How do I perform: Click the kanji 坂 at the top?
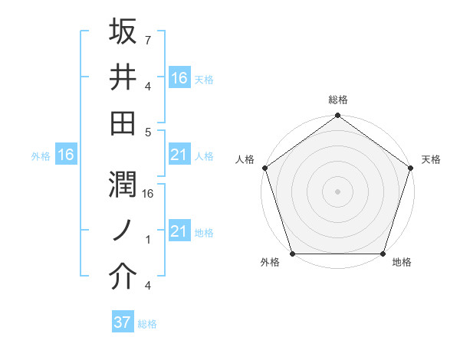tap(123, 32)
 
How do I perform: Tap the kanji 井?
tap(123, 78)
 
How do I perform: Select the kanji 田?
tap(123, 123)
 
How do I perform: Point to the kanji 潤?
tap(123, 185)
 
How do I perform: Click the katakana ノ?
tap(123, 231)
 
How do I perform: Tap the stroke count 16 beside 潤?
tap(149, 193)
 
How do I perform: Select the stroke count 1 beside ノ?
tap(147, 239)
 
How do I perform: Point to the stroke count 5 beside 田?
tap(148, 132)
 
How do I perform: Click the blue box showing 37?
tap(122, 322)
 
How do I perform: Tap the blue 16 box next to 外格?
tap(65, 155)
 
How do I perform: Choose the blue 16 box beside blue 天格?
tap(179, 77)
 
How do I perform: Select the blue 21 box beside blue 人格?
tap(179, 155)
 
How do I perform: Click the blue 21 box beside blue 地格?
tap(179, 231)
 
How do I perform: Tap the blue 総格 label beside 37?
tap(147, 324)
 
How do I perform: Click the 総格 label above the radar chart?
tap(337, 100)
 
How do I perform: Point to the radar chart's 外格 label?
tap(270, 263)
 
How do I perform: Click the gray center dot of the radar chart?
tap(337, 191)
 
